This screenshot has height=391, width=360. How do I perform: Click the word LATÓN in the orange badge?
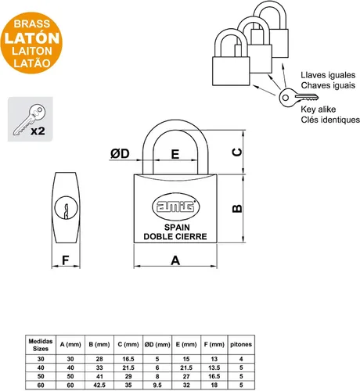[32, 38]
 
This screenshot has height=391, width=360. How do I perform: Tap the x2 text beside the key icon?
[38, 131]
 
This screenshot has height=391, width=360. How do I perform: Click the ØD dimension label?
[120, 153]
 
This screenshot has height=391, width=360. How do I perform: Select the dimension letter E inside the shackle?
[175, 154]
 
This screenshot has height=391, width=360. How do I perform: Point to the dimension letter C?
[237, 152]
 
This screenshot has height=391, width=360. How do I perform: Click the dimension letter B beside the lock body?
[237, 209]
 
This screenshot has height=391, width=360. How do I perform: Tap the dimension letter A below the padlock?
[175, 260]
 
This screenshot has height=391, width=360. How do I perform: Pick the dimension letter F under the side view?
[66, 260]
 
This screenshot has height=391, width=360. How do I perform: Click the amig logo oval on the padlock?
[175, 206]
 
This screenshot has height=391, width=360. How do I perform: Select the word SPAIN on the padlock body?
[177, 228]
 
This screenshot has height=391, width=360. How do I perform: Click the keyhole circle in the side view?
[67, 208]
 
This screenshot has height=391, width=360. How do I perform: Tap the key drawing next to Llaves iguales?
[298, 97]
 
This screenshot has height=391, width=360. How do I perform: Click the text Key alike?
[319, 109]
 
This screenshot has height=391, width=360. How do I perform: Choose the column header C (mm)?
[128, 344]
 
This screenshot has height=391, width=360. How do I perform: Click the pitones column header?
[241, 344]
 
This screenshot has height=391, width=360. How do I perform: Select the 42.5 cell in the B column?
[99, 385]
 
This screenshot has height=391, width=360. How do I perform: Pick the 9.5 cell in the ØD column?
[157, 385]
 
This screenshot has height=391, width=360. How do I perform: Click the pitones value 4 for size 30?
[241, 359]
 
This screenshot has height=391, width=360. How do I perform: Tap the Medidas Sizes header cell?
[41, 345]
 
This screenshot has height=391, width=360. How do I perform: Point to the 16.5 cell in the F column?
[214, 376]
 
